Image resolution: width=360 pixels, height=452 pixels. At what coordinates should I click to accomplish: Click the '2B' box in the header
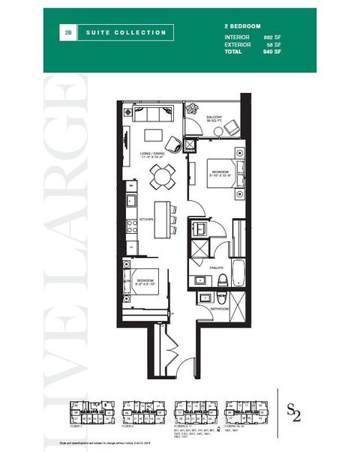click(68, 32)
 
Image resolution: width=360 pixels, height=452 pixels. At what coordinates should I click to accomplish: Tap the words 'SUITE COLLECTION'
click(126, 32)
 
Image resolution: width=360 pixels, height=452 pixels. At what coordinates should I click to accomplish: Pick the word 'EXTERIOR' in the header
click(238, 44)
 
